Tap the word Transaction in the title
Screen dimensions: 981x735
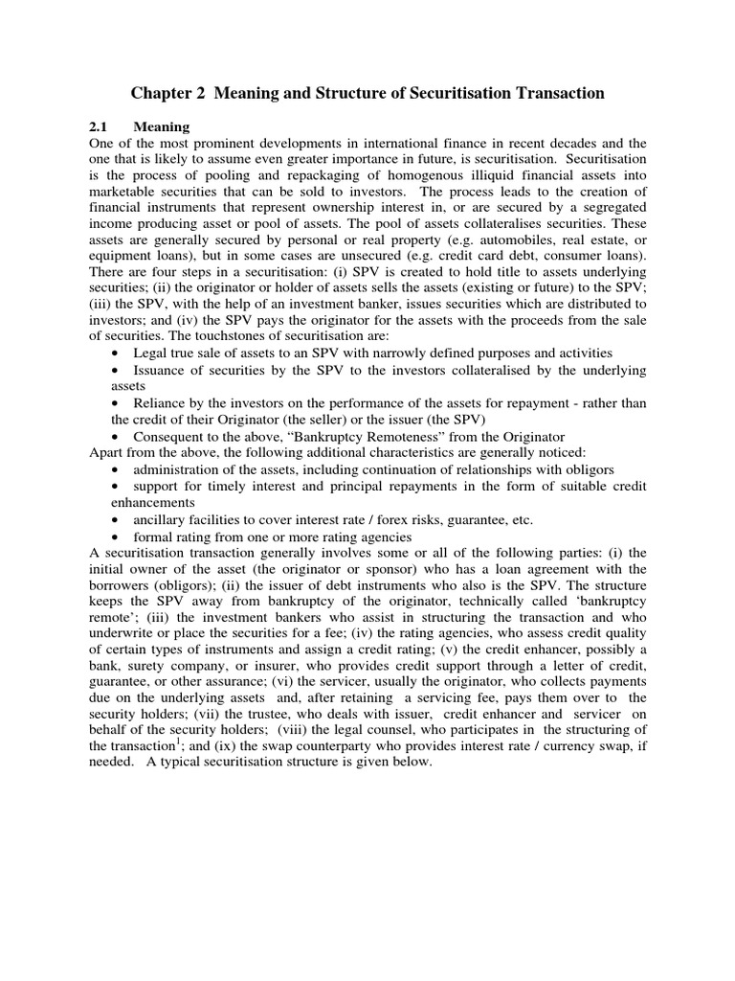pyautogui.click(x=552, y=93)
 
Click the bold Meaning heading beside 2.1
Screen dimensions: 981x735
pyautogui.click(x=162, y=126)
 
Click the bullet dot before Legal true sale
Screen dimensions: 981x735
pyautogui.click(x=116, y=354)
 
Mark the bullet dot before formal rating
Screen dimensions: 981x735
pyautogui.click(x=116, y=536)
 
